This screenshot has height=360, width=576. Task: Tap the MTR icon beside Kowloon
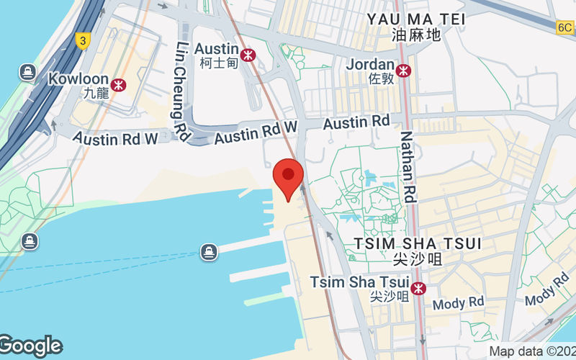[x=119, y=85]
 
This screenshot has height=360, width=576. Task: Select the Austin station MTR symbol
[x=248, y=55]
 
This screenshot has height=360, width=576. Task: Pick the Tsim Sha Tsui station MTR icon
[x=418, y=288]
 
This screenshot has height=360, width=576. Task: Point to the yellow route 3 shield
[x=83, y=41]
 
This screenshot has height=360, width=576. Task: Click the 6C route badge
[x=565, y=27]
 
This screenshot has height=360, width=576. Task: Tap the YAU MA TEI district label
[x=417, y=19]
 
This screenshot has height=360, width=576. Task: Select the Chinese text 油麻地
[x=417, y=35]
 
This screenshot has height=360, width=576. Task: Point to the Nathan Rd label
[x=408, y=166]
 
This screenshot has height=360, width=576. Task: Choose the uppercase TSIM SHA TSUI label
[x=418, y=242]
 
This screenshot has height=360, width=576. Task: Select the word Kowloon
[x=78, y=78]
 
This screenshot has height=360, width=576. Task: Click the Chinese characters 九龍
[x=95, y=93]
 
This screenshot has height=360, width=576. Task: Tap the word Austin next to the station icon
[x=217, y=48]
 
